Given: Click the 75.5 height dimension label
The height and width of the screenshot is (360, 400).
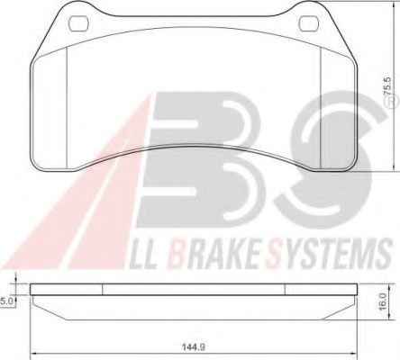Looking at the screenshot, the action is point(387,86).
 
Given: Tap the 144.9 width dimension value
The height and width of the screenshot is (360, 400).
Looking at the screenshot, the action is point(194,347).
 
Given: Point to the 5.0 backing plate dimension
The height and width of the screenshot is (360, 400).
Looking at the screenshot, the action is point(7,301).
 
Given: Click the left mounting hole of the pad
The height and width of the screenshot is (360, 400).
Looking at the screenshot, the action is point(78,23).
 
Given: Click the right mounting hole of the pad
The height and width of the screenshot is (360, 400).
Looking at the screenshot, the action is point(309,23).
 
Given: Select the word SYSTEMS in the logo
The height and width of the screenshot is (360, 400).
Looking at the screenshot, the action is point(330,255).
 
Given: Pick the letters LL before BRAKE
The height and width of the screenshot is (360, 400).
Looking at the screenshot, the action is point(143,255).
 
